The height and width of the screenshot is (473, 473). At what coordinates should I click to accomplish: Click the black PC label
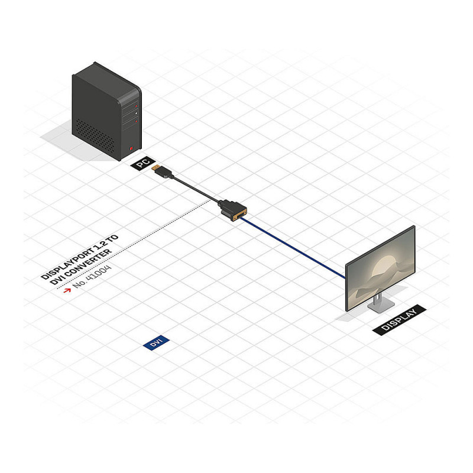[x=143, y=163]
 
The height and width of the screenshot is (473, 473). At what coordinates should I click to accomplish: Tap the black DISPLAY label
[x=400, y=320]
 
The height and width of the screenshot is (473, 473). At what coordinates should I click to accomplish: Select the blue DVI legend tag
[x=156, y=343]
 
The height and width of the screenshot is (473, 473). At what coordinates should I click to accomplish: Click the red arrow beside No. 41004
[x=67, y=290]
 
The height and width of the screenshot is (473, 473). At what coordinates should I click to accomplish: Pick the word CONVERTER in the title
[x=88, y=263]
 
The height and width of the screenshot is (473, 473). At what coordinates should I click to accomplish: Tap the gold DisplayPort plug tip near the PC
[x=155, y=167]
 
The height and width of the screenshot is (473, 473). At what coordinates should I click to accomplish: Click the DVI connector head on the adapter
[x=233, y=210]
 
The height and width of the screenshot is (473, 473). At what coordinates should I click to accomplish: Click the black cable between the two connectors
[x=196, y=189]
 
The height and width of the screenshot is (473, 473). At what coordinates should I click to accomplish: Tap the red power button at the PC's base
[x=131, y=148]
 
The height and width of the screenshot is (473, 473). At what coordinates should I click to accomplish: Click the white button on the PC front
[x=137, y=113]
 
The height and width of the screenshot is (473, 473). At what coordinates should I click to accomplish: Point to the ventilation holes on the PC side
[x=95, y=136]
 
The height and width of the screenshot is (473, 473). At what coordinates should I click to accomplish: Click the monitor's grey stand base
[x=381, y=306]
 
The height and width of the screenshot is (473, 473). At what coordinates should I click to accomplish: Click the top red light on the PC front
[x=137, y=106]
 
